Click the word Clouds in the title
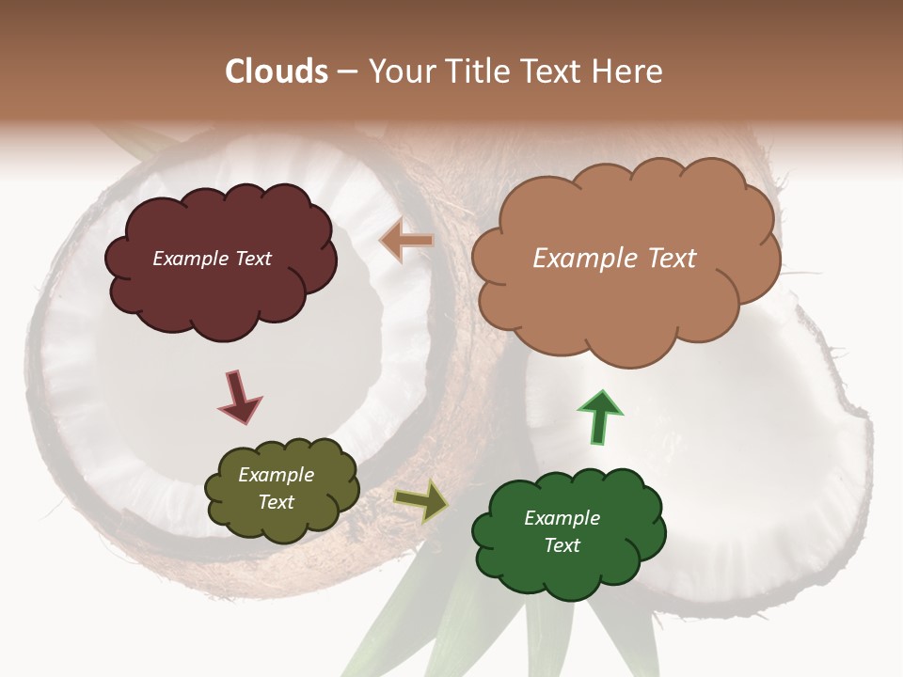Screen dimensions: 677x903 pos(277,71)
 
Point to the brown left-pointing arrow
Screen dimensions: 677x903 pos(407,241)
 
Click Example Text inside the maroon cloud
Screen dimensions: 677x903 pos(212,259)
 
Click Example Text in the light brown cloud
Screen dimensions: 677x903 pos(614,259)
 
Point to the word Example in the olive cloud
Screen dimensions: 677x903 pos(276,475)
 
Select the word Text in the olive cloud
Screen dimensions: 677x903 pos(276,502)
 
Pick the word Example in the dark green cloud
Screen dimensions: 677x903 pos(562,518)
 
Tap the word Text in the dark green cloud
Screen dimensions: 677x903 pos(562,545)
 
